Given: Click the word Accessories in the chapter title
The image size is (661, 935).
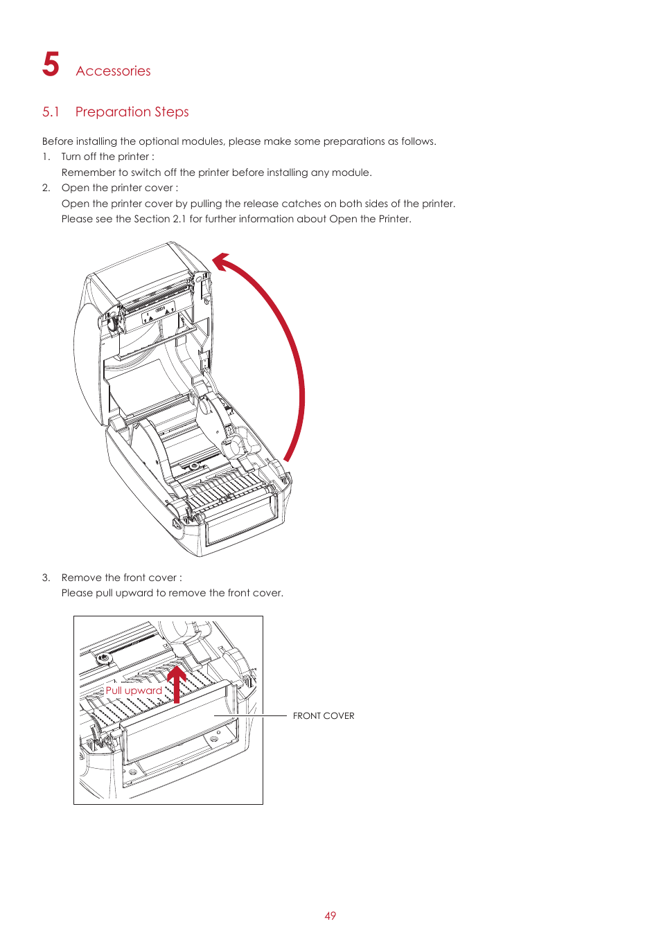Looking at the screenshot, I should (113, 71).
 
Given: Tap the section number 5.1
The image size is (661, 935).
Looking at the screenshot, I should (51, 112).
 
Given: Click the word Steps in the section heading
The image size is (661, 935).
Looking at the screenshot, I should (171, 112).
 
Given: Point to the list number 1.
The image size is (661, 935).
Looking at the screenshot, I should (46, 157).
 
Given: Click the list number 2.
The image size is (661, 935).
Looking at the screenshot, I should (46, 188).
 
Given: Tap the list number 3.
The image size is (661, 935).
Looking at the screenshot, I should (46, 578).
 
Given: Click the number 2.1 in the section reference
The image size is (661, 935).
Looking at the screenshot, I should (179, 219).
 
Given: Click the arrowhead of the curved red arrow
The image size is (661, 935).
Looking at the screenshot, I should (221, 262).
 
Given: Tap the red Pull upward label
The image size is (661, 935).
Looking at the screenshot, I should (134, 691).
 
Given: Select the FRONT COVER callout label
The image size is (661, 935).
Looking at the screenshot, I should (324, 716).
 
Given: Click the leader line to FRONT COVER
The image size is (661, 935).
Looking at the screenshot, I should (250, 716).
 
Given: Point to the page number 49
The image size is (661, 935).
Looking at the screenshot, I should (330, 916).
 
